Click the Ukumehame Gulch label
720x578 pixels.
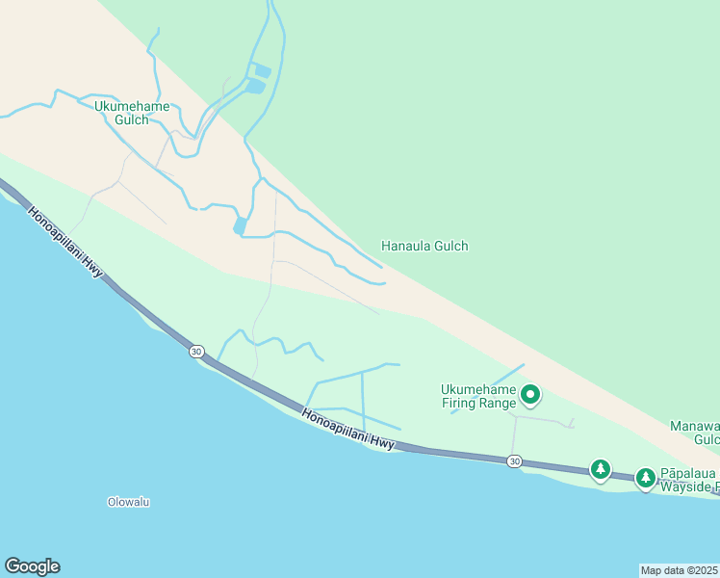pyautogui.click(x=132, y=113)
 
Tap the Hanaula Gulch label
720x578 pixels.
pyautogui.click(x=424, y=246)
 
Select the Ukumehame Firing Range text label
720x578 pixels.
pyautogui.click(x=478, y=396)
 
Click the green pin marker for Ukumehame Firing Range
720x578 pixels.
pyautogui.click(x=529, y=394)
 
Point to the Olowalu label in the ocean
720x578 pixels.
pyautogui.click(x=128, y=502)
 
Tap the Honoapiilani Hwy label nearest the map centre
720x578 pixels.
pyautogui.click(x=347, y=431)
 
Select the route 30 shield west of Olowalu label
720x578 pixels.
pyautogui.click(x=196, y=352)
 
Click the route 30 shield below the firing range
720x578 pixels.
pyautogui.click(x=516, y=462)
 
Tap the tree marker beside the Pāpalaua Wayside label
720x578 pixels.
pyautogui.click(x=645, y=476)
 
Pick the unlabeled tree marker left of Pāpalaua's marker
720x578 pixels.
pyautogui.click(x=601, y=469)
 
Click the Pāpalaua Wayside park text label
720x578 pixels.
pyautogui.click(x=688, y=480)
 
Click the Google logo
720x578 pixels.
pyautogui.click(x=32, y=566)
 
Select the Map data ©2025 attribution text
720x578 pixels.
pyautogui.click(x=680, y=570)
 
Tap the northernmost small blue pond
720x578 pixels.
pyautogui.click(x=261, y=70)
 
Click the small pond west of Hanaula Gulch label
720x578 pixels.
pyautogui.click(x=240, y=226)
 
